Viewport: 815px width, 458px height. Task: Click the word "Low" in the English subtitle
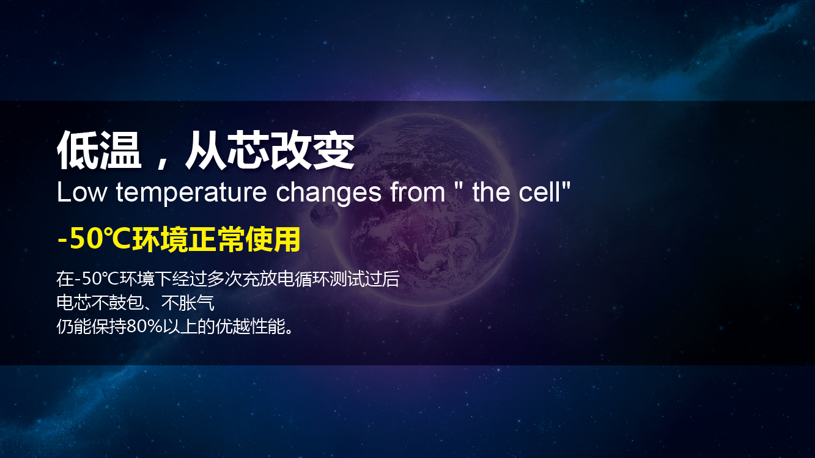tap(82, 192)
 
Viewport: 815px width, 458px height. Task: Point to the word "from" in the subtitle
tap(418, 192)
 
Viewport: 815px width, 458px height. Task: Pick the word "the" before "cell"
tap(491, 192)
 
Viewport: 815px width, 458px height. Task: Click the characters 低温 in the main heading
tap(99, 150)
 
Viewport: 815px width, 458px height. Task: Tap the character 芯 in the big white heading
tap(248, 150)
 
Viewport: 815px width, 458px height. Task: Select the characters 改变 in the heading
tap(312, 150)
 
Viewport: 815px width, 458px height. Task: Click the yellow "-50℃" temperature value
tap(94, 239)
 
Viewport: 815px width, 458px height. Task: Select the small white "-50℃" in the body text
tap(97, 279)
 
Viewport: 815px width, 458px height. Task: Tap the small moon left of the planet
tap(324, 215)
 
